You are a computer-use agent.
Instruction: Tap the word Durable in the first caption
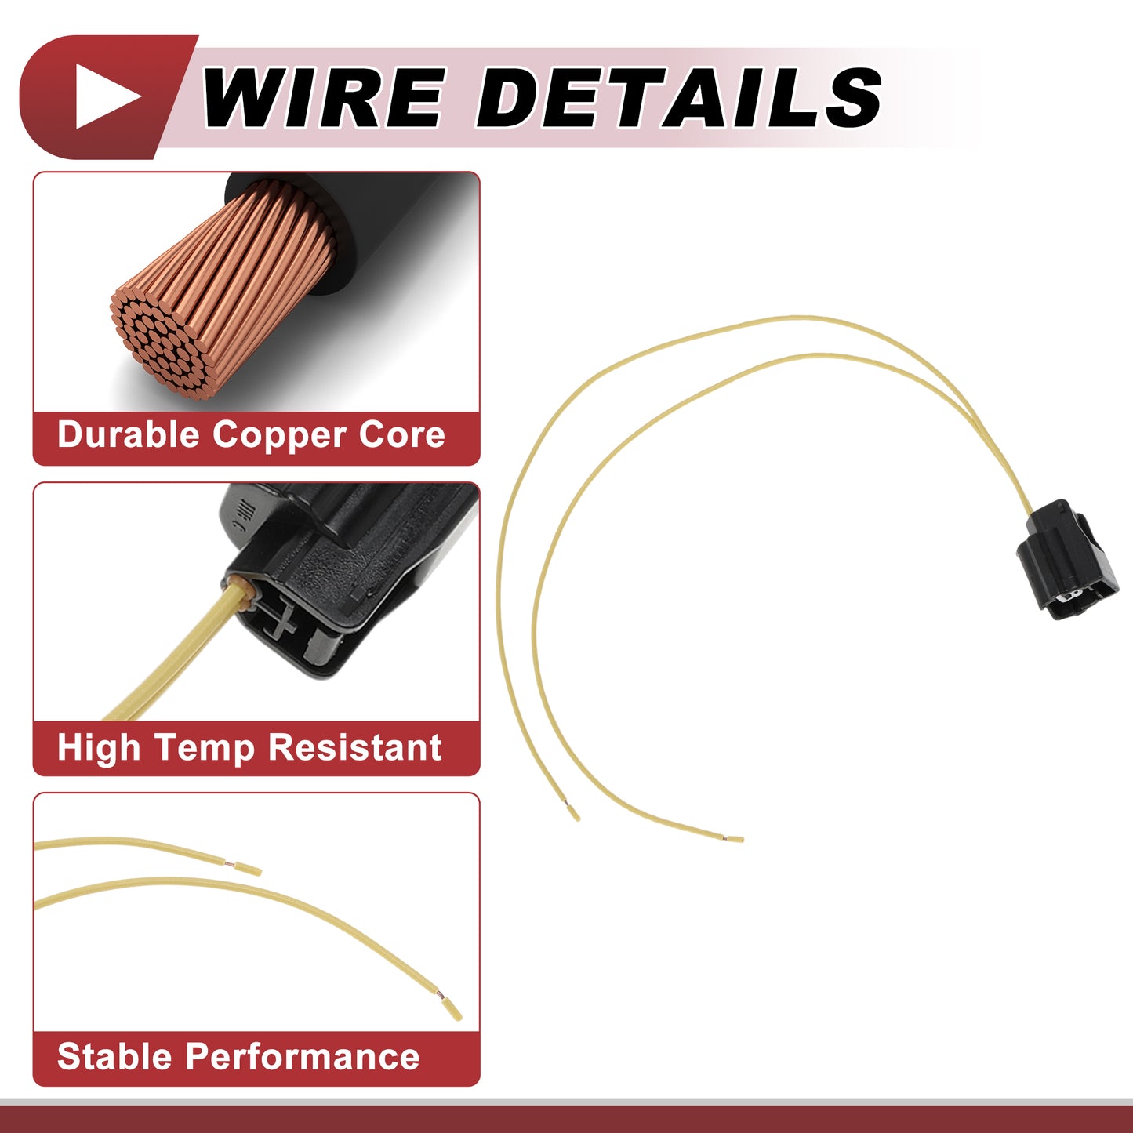pyautogui.click(x=129, y=434)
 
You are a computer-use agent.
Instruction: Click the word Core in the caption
pyautogui.click(x=401, y=435)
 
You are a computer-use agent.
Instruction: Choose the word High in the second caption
pyautogui.click(x=99, y=749)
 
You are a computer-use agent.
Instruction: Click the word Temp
pyautogui.click(x=204, y=749)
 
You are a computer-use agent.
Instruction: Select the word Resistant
pyautogui.click(x=354, y=748)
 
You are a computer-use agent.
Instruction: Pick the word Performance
pyautogui.click(x=302, y=1057)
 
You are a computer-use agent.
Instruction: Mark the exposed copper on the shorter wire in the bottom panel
pyautogui.click(x=230, y=864)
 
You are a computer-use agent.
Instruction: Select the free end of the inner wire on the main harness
pyautogui.click(x=737, y=838)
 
